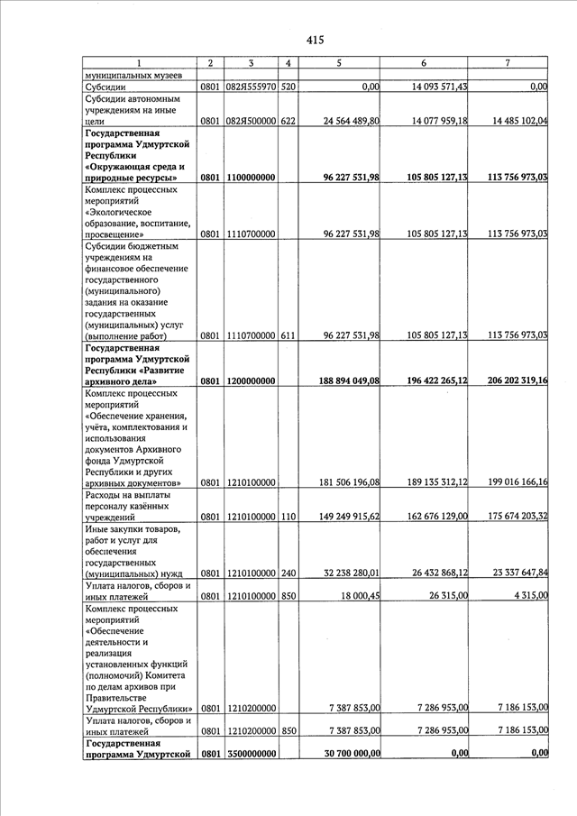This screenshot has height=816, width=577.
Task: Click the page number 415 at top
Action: (x=315, y=40)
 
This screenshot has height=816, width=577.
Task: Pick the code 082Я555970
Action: (x=251, y=87)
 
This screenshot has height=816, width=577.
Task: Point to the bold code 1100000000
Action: (x=251, y=179)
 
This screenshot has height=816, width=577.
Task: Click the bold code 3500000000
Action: (x=251, y=754)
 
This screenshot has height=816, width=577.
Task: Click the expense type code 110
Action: (x=288, y=517)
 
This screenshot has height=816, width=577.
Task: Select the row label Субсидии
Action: (x=105, y=87)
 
